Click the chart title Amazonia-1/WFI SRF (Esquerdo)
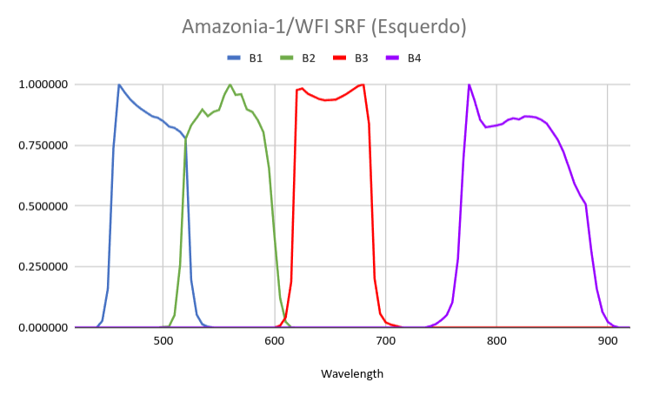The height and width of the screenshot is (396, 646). coord(323,27)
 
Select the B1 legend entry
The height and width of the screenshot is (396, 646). coord(244,58)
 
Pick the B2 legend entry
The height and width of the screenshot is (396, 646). coord(297,58)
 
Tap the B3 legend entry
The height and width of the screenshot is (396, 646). coord(350,58)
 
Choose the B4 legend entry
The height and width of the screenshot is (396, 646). coord(403,58)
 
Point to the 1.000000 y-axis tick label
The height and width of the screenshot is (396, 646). coord(43,84)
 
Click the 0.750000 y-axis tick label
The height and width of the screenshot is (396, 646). coord(43,145)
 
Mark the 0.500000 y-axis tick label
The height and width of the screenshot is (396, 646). coord(43,206)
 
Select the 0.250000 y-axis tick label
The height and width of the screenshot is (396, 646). coord(43,266)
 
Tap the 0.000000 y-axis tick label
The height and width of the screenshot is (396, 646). coord(43,327)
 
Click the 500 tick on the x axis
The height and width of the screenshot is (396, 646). coord(163,341)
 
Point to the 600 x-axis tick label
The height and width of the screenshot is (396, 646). coord(275,341)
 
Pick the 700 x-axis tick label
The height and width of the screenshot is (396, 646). coord(386,341)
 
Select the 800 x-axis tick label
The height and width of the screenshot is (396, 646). coord(496,341)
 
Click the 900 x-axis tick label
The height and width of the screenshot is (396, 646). coord(607,341)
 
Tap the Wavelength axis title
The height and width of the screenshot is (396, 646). coord(352,374)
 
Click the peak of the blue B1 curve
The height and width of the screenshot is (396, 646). coord(118,84)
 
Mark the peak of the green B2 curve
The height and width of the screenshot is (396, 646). coord(230,84)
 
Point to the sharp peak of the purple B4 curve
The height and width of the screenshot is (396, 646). coord(469,84)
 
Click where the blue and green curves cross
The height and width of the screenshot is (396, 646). coord(186,138)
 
